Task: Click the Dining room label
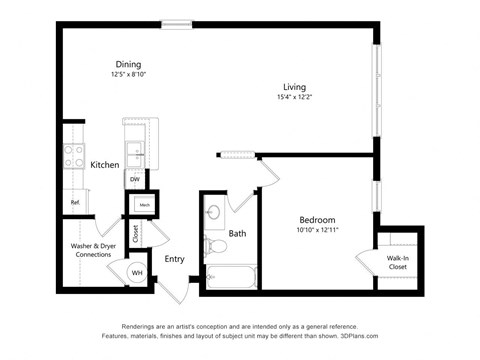[127, 64]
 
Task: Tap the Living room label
[293, 87]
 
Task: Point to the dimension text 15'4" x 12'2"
[293, 97]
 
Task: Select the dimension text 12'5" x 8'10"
[127, 74]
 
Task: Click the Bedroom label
[318, 220]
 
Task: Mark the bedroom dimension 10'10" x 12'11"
[318, 230]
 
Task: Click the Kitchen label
[106, 164]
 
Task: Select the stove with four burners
[74, 156]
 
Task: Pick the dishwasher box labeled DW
[134, 180]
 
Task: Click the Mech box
[144, 205]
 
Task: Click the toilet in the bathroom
[212, 244]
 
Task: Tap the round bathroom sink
[212, 213]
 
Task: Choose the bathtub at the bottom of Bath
[230, 277]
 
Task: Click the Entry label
[175, 259]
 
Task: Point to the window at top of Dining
[177, 24]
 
